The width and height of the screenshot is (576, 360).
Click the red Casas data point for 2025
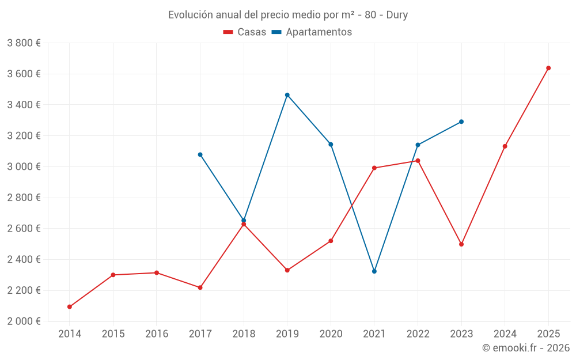[x=548, y=68]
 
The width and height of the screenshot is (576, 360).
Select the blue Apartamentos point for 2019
[x=287, y=95]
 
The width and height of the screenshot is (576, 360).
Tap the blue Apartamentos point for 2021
[x=374, y=271]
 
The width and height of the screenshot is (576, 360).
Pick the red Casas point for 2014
[x=70, y=307]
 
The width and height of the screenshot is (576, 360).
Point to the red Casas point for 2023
[x=461, y=244]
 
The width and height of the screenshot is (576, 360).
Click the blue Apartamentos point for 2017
[x=200, y=154]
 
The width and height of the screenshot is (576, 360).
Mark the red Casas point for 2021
[x=374, y=168]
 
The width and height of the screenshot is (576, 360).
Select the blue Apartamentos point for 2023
[x=461, y=122]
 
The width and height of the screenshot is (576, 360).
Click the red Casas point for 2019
[x=287, y=270]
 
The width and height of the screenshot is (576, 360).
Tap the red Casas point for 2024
[x=505, y=146]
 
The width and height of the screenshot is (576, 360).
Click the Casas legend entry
[x=245, y=32]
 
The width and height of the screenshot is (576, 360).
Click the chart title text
[x=288, y=15]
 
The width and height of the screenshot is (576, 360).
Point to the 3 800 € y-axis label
[x=24, y=43]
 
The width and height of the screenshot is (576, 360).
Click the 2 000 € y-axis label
[x=24, y=321]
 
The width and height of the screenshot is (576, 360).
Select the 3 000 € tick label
[x=24, y=167]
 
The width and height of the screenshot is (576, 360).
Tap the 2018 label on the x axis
[x=244, y=334]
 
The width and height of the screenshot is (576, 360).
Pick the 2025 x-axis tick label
[x=548, y=334]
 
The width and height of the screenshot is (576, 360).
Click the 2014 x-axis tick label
[x=70, y=334]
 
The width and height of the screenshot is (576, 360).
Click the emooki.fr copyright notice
[x=526, y=348]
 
